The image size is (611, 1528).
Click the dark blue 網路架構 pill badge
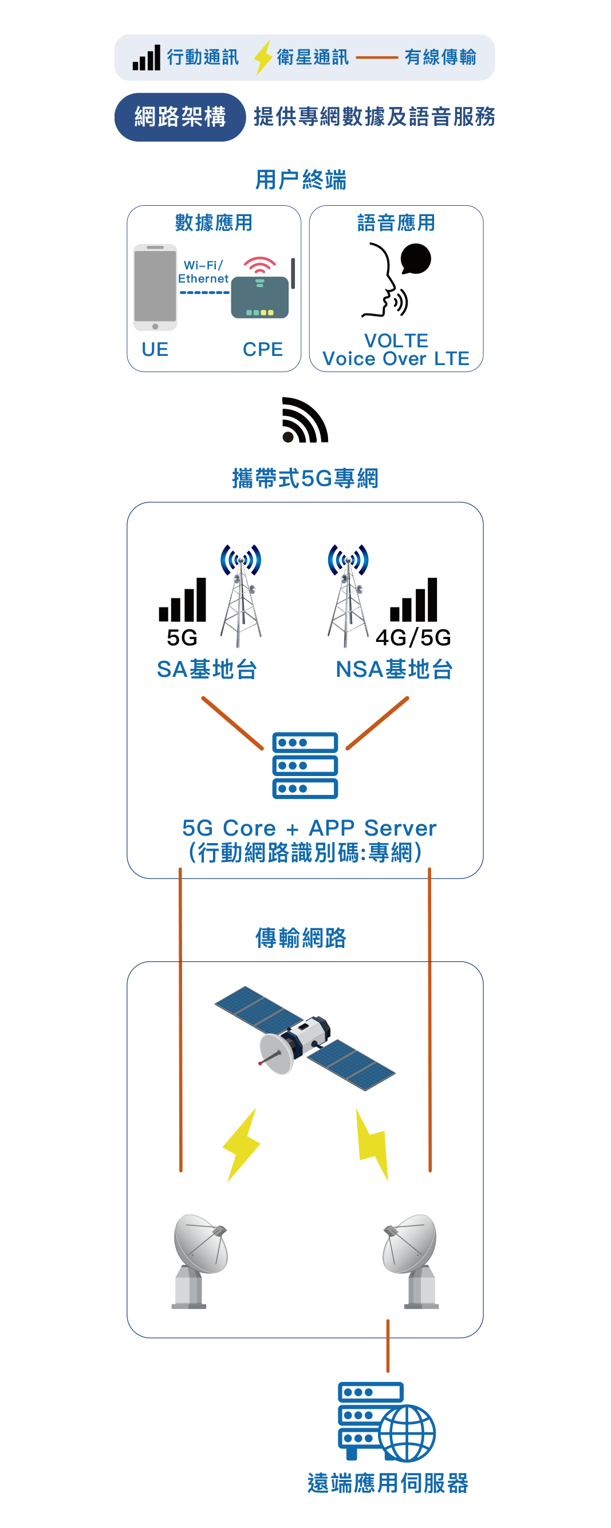[x=180, y=117]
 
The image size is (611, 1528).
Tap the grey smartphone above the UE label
[x=155, y=287]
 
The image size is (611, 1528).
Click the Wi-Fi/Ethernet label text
[x=203, y=272]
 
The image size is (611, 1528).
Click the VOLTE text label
[x=396, y=340]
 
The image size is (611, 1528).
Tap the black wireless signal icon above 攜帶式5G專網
[x=305, y=420]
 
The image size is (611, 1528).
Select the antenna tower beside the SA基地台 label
[x=241, y=596]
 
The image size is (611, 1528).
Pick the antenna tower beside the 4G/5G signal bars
[x=348, y=596]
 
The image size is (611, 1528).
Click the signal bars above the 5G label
[x=183, y=600]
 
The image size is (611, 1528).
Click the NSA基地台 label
[x=394, y=669]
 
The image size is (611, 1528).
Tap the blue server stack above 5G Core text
[x=305, y=765]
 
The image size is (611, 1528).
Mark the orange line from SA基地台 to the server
[x=232, y=723]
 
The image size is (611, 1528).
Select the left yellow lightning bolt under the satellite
[x=241, y=1144]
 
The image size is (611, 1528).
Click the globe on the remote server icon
[x=408, y=1433]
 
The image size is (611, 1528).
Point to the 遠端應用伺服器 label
[x=388, y=1483]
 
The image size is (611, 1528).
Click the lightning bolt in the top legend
[x=262, y=57]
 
